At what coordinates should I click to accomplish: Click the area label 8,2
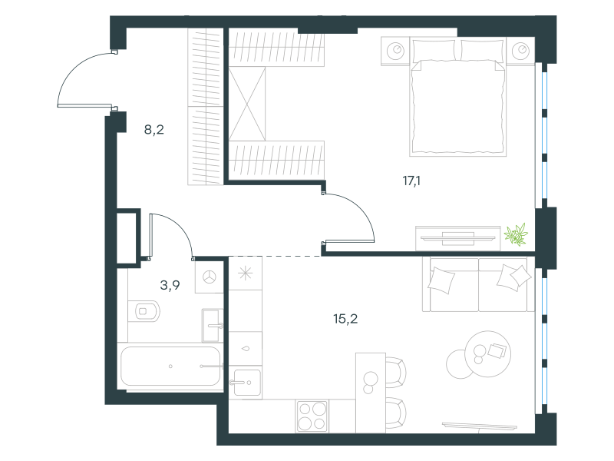click(154, 129)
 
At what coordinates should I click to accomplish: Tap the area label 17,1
click(411, 181)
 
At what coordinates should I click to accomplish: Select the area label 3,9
click(170, 285)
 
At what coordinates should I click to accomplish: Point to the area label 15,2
click(345, 319)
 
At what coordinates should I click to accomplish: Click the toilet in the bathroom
click(144, 311)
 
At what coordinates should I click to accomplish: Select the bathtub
click(170, 366)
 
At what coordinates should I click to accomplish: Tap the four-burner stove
click(312, 416)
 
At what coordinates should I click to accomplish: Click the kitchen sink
click(246, 382)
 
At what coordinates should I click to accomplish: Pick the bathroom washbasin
click(213, 325)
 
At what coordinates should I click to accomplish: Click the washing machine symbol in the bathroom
click(209, 277)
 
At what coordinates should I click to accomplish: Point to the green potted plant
click(516, 234)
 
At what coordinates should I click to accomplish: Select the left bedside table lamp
click(395, 51)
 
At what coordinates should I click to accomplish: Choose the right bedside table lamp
click(520, 51)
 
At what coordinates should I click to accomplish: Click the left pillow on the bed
click(434, 50)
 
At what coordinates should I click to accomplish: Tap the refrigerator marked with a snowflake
click(246, 273)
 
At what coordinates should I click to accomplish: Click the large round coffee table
click(488, 354)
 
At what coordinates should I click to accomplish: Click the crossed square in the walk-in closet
click(247, 104)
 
